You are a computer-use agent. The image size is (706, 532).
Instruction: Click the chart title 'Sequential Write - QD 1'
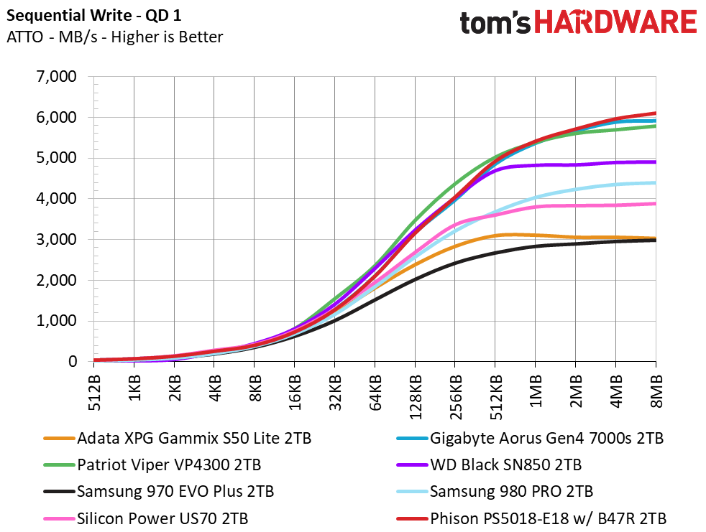(93, 16)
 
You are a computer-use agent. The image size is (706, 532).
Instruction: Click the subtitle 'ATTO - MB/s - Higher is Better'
(115, 37)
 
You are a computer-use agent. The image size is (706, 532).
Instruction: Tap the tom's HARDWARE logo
(578, 22)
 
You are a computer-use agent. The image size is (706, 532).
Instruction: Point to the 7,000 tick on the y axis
(56, 76)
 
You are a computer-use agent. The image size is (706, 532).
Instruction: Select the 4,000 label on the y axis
(56, 198)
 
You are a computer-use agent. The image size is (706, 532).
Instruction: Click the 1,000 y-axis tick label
(56, 321)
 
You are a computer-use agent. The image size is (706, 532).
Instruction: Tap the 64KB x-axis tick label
(375, 393)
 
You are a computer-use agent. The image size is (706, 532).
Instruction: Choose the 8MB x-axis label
(656, 391)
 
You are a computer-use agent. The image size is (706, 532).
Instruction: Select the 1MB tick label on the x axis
(536, 391)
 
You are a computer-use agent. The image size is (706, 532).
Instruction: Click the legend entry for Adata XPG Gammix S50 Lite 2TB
(178, 438)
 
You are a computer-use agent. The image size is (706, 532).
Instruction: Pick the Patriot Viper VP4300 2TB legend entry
(152, 465)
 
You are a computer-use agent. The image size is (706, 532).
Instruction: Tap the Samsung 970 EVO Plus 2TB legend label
(158, 491)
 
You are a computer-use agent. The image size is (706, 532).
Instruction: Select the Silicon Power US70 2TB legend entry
(146, 518)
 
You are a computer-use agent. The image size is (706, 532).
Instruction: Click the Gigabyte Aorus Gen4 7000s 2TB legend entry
(530, 438)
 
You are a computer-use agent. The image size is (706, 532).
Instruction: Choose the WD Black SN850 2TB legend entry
(489, 465)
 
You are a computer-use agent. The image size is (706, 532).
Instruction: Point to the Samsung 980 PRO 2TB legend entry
(495, 491)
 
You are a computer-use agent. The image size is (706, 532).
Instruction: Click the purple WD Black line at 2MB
(575, 165)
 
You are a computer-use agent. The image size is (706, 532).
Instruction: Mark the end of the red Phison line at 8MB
(656, 113)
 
